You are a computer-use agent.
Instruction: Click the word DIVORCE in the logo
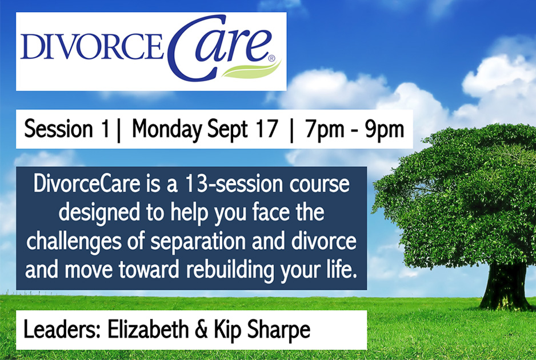pyautogui.click(x=91, y=46)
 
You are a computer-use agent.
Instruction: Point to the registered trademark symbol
pyautogui.click(x=272, y=58)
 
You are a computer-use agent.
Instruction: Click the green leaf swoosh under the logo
pyautogui.click(x=251, y=70)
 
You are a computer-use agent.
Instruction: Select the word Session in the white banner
pyautogui.click(x=58, y=129)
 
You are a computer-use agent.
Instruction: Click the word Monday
pyautogui.click(x=167, y=130)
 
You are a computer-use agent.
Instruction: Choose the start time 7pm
pyautogui.click(x=325, y=130)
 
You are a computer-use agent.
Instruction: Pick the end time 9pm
pyautogui.click(x=385, y=130)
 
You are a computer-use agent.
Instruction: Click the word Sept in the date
pyautogui.click(x=227, y=130)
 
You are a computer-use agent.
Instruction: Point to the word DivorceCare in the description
pyautogui.click(x=87, y=183)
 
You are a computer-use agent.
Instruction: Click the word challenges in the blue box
pyautogui.click(x=74, y=241)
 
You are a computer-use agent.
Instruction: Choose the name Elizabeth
pyautogui.click(x=148, y=330)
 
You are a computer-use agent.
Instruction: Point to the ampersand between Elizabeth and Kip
pyautogui.click(x=201, y=330)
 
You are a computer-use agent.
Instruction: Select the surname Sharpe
pyautogui.click(x=279, y=331)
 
